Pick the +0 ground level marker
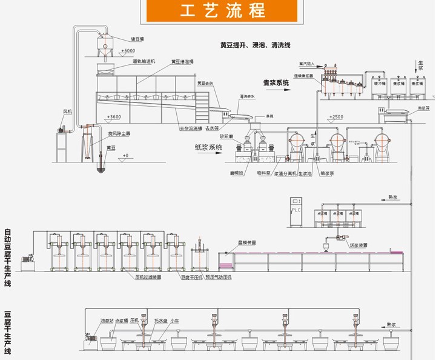pos(125,156)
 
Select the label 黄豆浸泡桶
pos(182,62)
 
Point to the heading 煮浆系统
pos(276,85)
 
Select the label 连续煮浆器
pos(305,76)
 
